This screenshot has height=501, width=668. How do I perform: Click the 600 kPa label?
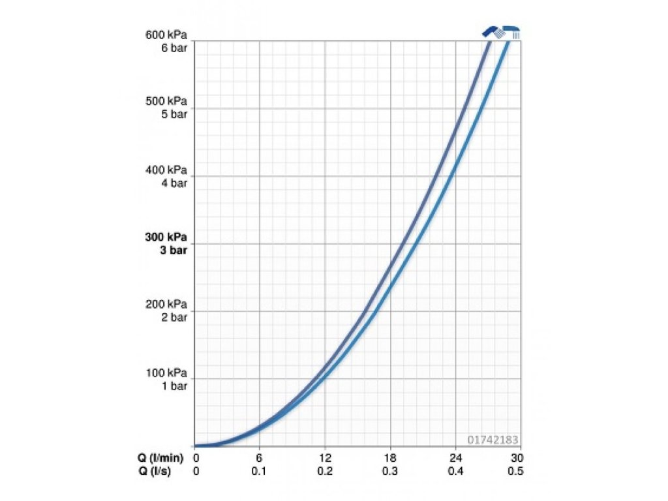(x=166, y=35)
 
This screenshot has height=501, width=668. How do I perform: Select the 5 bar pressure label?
(x=174, y=114)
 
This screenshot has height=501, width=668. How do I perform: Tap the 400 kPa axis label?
(x=166, y=170)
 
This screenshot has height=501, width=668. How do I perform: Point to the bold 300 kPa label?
(x=166, y=237)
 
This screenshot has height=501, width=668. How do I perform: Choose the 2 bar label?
(x=174, y=317)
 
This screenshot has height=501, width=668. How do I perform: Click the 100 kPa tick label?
(x=166, y=373)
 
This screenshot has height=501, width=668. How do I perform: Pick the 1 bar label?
(x=174, y=386)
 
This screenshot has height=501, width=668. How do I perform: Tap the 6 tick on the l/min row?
(x=260, y=457)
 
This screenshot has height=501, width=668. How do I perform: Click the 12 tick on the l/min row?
(x=325, y=457)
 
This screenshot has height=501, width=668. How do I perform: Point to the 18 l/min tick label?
(x=390, y=457)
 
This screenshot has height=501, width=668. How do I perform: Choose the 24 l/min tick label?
(x=455, y=457)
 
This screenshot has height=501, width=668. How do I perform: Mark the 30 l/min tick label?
(x=517, y=457)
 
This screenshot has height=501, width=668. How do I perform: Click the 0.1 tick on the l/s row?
(x=260, y=471)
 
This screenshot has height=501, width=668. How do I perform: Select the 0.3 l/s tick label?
(x=390, y=471)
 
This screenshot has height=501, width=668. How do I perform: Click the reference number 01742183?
(x=493, y=440)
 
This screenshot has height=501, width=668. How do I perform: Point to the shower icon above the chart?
(x=502, y=31)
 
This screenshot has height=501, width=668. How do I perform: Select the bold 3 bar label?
(x=174, y=250)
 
